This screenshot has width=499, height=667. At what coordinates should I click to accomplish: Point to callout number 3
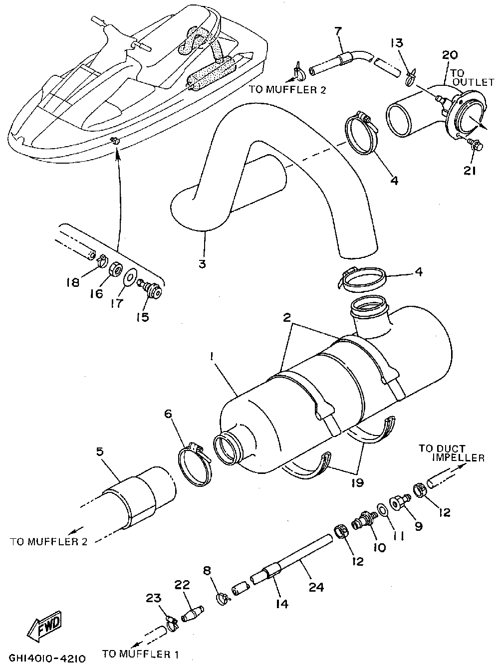pos(202,263)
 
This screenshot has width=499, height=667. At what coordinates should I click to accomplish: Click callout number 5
pos(100,452)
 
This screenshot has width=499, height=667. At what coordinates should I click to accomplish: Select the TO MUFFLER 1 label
pos(140,653)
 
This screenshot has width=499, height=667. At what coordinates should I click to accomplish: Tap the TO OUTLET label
pos(472,77)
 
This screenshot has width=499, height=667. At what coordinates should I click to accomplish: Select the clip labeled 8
pos(222,596)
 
